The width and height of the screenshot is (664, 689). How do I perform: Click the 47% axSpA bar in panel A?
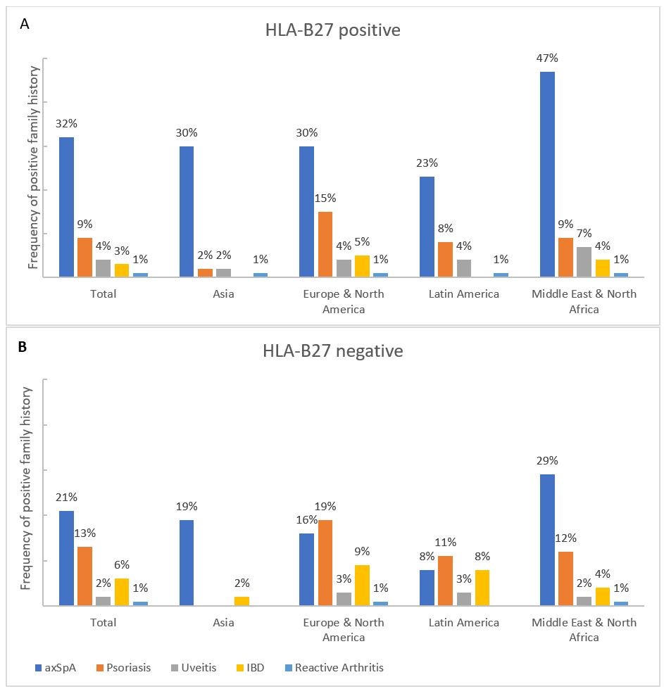tap(547, 174)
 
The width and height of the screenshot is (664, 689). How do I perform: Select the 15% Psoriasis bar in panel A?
tap(325, 244)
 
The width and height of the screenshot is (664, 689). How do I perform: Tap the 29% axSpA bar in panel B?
tap(547, 540)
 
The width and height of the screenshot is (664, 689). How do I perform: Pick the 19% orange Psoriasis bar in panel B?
tap(325, 562)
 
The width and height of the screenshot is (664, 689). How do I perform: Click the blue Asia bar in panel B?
tap(187, 562)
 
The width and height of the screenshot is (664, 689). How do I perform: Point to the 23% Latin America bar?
tap(427, 227)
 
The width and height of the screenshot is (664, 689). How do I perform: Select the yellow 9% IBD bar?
tap(361, 585)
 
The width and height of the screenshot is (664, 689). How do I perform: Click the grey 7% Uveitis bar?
tap(584, 262)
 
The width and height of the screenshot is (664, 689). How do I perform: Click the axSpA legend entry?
tap(58, 667)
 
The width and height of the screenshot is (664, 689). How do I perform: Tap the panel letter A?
tap(25, 24)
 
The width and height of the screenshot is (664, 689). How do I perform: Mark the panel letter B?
tap(24, 347)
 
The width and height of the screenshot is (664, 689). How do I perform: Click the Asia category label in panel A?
tap(223, 293)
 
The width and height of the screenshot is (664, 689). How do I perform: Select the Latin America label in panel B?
tap(463, 622)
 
